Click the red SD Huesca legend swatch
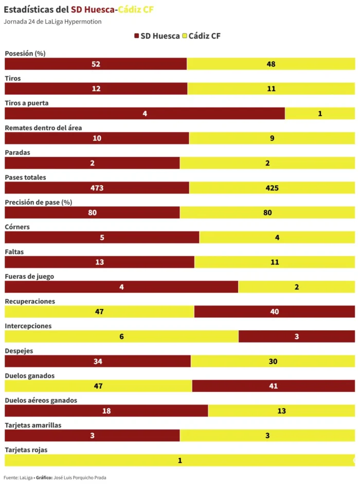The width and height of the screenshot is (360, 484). click(x=137, y=36)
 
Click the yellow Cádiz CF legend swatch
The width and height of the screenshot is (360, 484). click(x=185, y=36)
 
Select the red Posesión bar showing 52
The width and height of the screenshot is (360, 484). click(x=96, y=64)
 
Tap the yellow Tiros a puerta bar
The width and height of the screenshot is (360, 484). click(x=319, y=114)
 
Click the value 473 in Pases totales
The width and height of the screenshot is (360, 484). click(x=97, y=188)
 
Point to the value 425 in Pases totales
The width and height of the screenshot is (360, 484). click(x=272, y=188)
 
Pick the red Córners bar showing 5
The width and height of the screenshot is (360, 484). click(x=102, y=238)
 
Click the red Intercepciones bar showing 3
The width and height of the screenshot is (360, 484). click(x=297, y=337)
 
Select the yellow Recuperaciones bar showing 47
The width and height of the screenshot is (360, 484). click(x=99, y=312)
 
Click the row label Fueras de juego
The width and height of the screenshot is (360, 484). click(x=29, y=277)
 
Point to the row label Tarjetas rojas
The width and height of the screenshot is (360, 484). click(x=26, y=450)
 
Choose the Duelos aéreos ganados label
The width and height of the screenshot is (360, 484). click(x=41, y=401)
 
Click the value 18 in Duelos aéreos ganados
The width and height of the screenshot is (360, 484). click(x=106, y=411)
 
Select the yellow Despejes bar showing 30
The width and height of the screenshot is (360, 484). click(x=273, y=362)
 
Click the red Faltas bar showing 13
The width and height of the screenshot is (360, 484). click(x=99, y=262)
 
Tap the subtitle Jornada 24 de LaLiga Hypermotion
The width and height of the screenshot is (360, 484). click(x=52, y=22)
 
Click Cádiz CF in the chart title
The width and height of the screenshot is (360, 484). click(x=136, y=9)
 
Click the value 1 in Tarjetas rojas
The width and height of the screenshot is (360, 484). click(x=180, y=460)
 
